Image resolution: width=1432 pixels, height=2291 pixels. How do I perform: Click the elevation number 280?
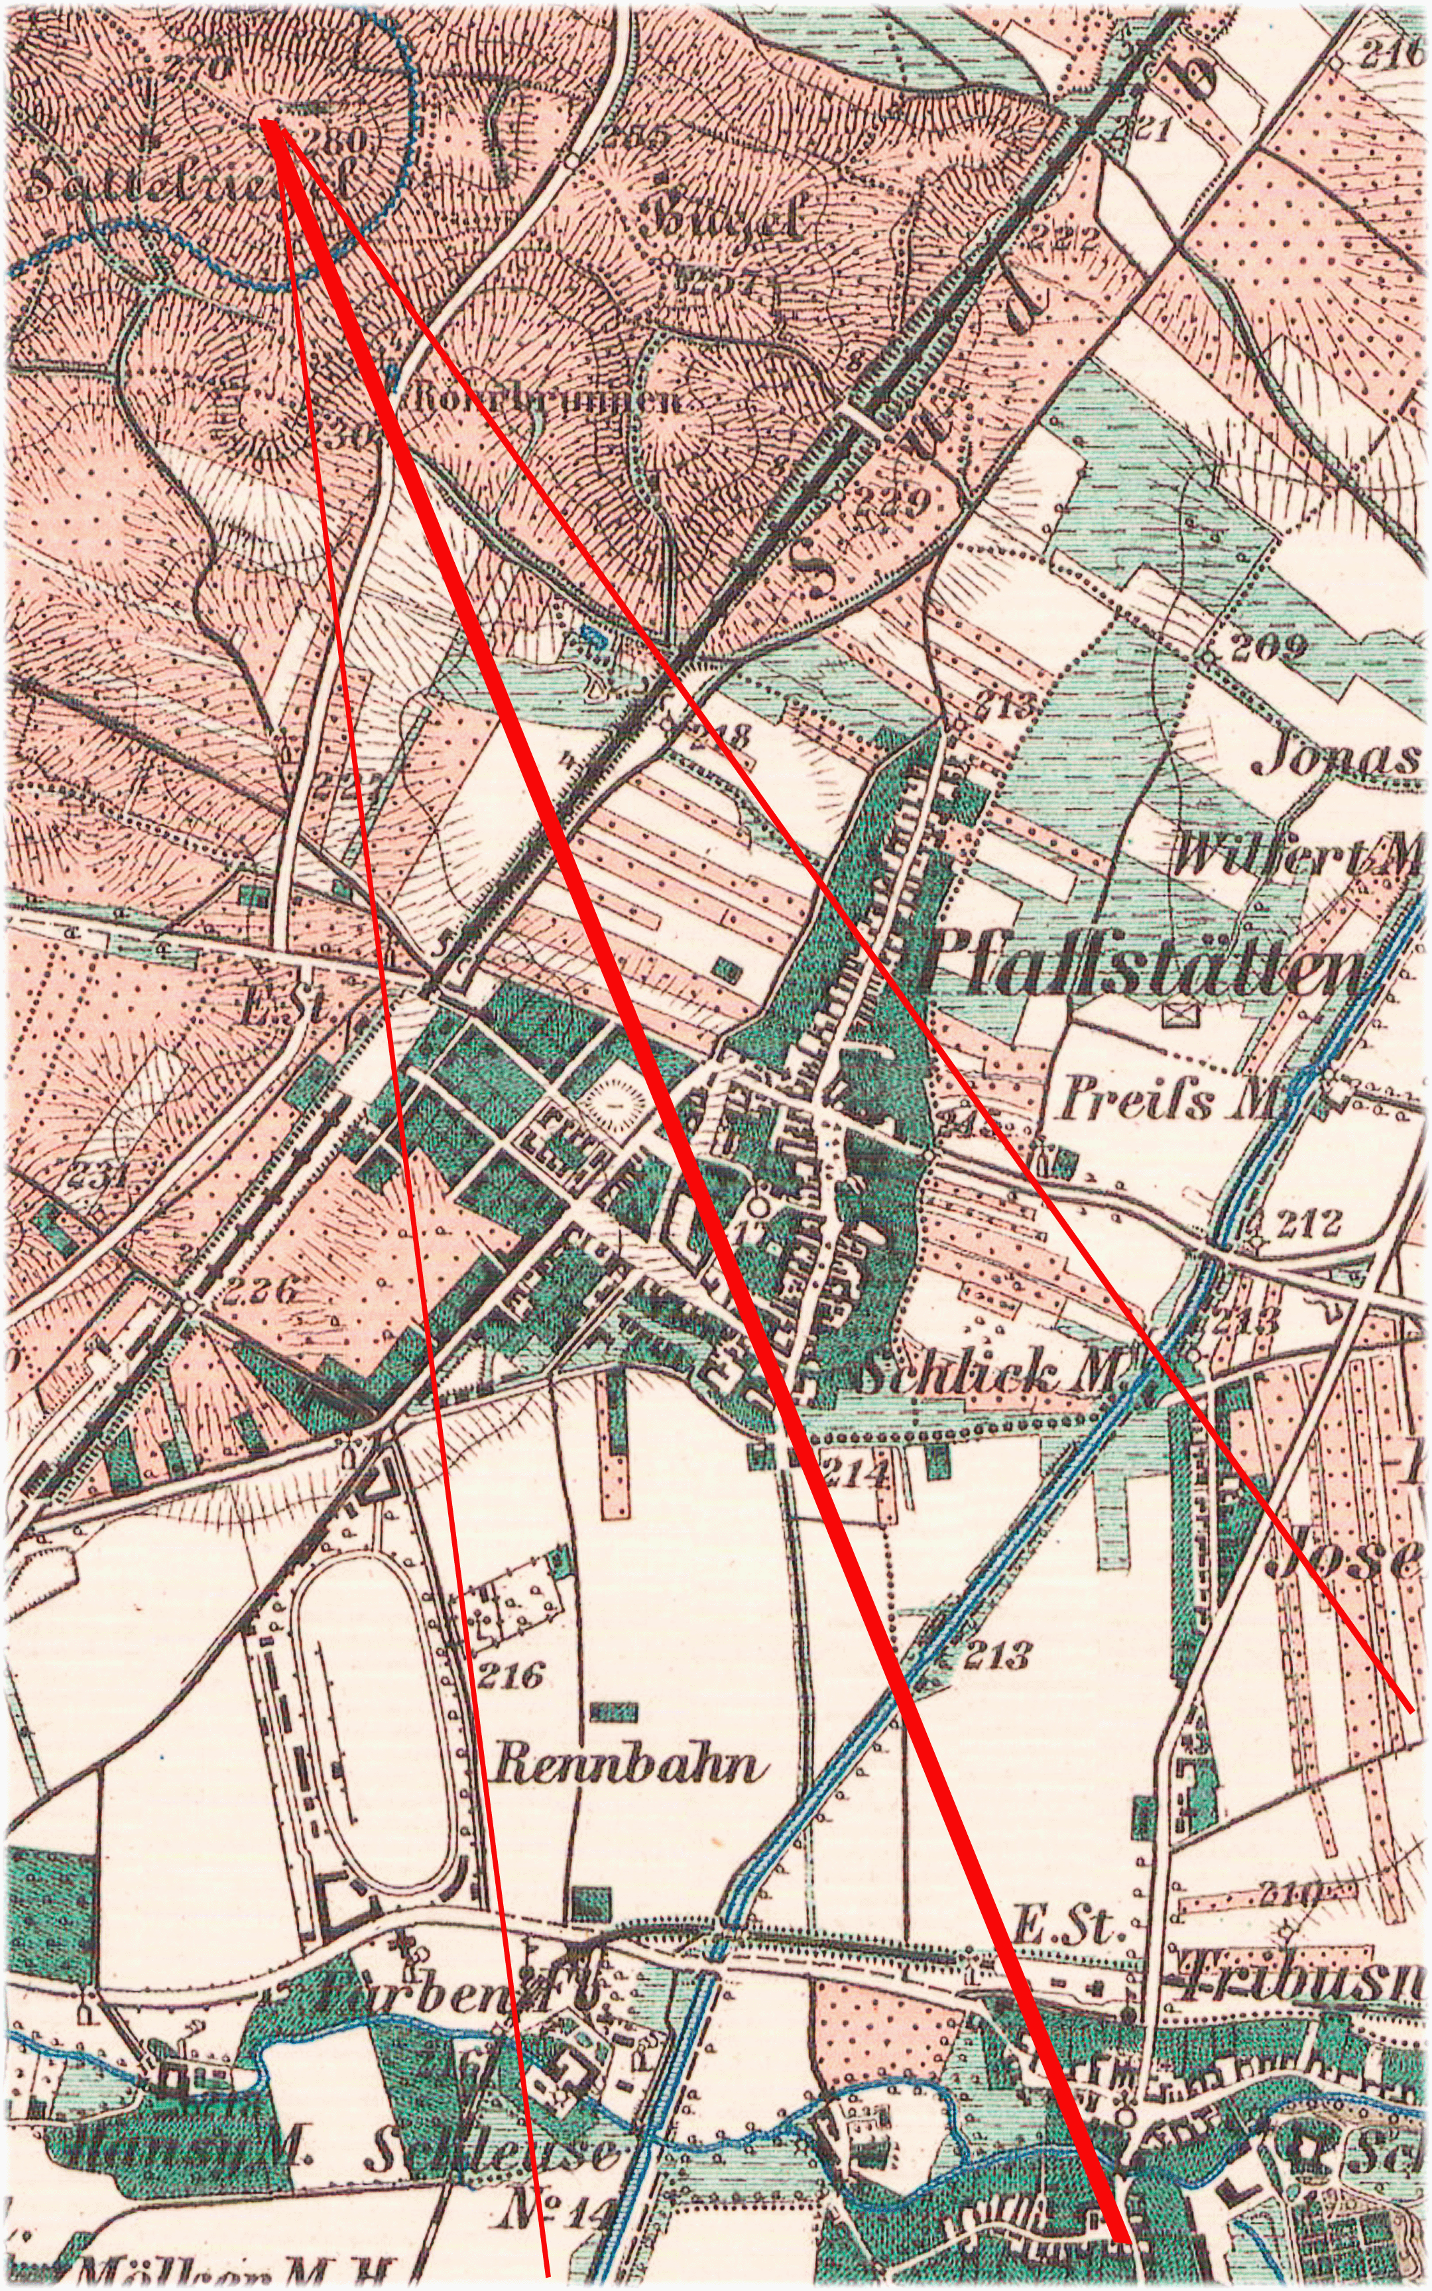coord(336,142)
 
